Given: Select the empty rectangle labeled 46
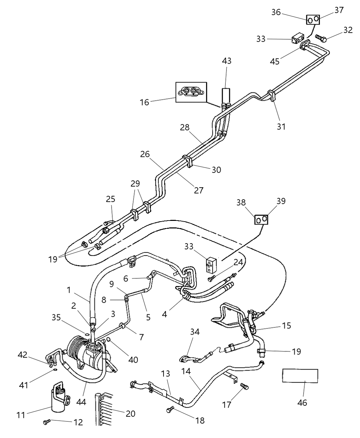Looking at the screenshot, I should coord(300,375).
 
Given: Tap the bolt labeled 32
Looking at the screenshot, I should coord(321,38).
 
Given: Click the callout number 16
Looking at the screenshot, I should coord(145,102).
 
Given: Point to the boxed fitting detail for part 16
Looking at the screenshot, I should coord(191,92).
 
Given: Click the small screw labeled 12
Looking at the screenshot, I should coord(47,422).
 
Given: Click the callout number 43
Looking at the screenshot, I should coord(226,61).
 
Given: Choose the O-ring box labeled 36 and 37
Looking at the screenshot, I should coord(313,20).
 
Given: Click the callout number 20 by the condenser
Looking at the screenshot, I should coord(131,414).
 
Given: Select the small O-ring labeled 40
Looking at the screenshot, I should coord(109,340).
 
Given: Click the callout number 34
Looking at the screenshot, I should coord(195,332).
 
